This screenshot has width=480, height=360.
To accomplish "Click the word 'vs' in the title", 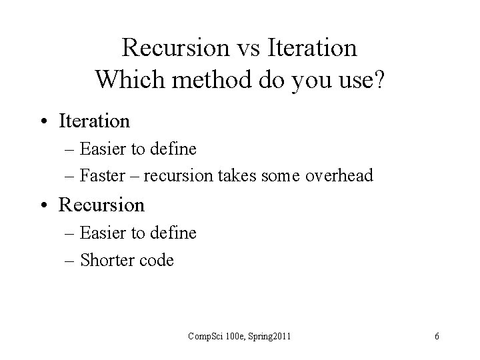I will point(243,48).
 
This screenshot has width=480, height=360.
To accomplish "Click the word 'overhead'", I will point(341,176).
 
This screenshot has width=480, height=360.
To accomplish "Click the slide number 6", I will point(437,337).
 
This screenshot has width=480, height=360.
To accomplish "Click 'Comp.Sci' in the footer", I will point(201,337).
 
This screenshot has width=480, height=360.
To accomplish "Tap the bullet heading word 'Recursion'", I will point(101,205).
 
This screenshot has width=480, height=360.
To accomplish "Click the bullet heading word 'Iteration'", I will point(94,121).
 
